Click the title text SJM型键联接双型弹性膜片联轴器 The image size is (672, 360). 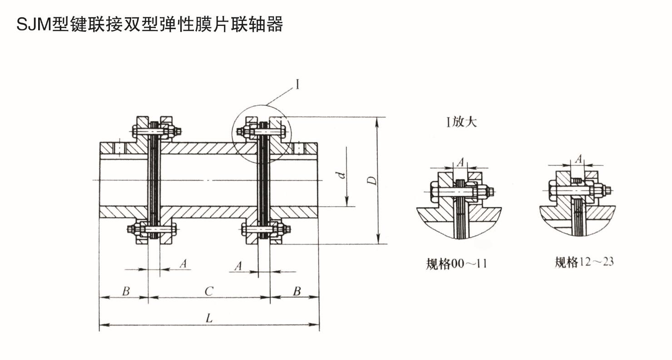point(149,24)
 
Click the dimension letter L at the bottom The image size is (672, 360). point(209,318)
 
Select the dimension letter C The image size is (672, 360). point(208,291)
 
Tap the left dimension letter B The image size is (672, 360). point(126,291)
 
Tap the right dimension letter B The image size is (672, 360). point(296,291)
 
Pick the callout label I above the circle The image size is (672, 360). point(297,84)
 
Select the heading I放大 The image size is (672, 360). point(462,122)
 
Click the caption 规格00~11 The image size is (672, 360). point(456,263)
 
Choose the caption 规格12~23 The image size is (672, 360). point(584,262)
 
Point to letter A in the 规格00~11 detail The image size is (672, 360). point(460,162)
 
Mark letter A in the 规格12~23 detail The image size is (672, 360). point(578,158)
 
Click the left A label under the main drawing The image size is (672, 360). point(183,263)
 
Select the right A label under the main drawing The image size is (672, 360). point(238,266)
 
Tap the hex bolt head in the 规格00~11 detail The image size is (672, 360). point(434,191)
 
